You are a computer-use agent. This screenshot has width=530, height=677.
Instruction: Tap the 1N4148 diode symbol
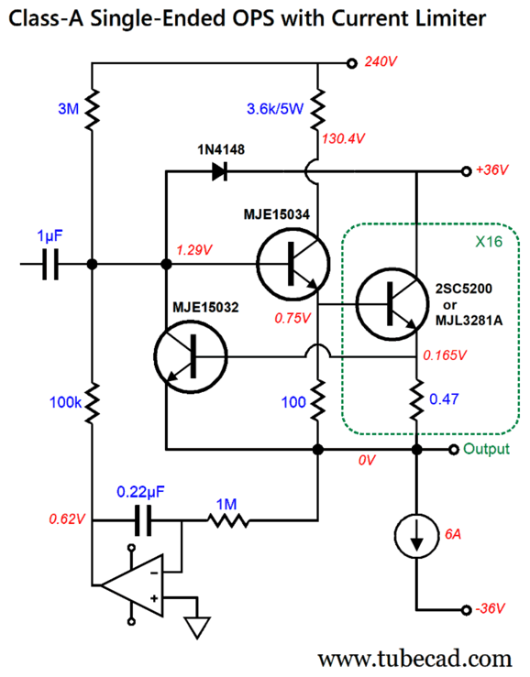pos(218,170)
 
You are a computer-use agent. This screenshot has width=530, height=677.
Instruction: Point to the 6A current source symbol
pos(415,541)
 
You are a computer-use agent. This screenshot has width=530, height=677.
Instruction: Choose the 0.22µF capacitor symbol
pos(141,522)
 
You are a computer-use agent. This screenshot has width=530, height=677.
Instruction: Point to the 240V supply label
pos(381,63)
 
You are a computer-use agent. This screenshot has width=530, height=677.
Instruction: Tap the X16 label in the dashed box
pos(491,243)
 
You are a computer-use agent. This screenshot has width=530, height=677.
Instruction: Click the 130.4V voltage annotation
pos(344,138)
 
